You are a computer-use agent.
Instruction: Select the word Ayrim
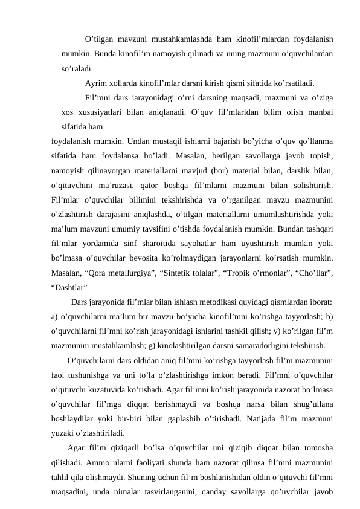click(97, 82)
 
